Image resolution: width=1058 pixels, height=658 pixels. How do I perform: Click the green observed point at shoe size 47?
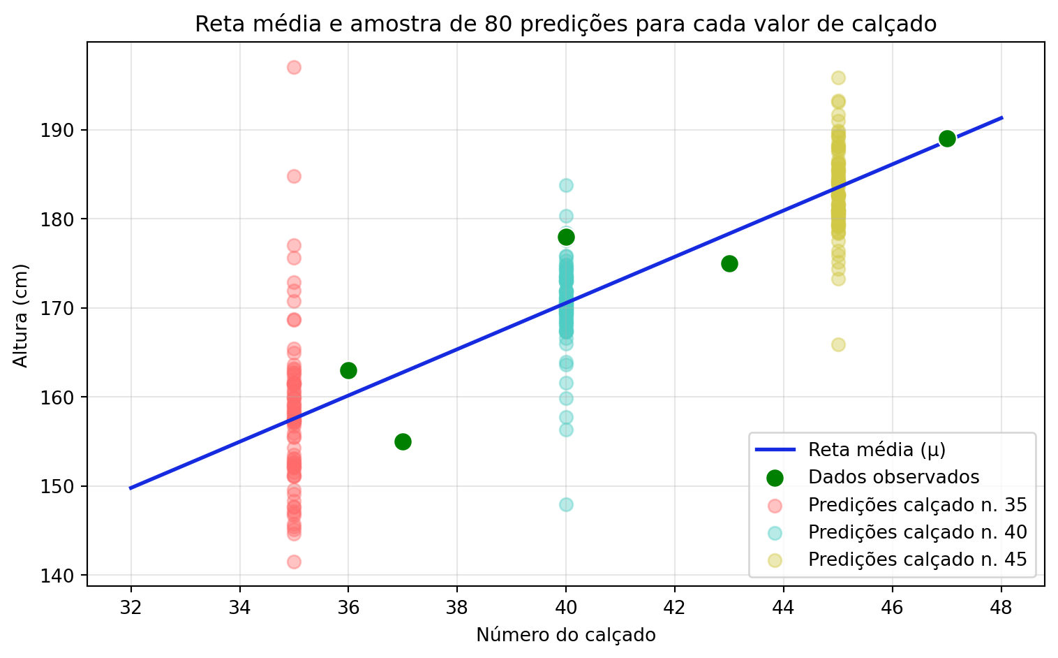(947, 138)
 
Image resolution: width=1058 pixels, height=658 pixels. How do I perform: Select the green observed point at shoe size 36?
(348, 370)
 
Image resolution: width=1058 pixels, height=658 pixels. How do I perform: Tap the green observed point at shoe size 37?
(403, 441)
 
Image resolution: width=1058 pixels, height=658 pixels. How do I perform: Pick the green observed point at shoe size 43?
(729, 263)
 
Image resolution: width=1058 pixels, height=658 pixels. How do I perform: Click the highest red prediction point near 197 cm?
(294, 67)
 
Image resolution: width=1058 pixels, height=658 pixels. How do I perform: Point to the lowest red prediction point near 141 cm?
(294, 562)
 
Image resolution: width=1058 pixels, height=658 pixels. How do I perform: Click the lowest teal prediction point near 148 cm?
(566, 504)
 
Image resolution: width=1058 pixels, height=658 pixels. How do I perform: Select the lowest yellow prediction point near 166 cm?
(838, 344)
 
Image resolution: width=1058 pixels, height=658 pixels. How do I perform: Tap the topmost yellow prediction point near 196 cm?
(838, 78)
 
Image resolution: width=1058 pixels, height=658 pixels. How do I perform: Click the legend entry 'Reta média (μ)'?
(877, 450)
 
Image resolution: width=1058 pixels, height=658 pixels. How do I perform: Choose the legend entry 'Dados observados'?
(893, 477)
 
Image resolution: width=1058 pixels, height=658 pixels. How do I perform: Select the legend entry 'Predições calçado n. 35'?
(917, 504)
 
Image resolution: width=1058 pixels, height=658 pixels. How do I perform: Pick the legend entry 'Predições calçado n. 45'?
(917, 560)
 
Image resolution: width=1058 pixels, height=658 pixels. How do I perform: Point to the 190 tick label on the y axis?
(64, 131)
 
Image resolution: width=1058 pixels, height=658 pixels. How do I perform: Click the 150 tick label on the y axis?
(64, 487)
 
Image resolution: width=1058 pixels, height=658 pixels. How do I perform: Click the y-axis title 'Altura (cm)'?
(21, 315)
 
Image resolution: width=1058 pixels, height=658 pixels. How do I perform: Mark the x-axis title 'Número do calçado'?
(566, 635)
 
